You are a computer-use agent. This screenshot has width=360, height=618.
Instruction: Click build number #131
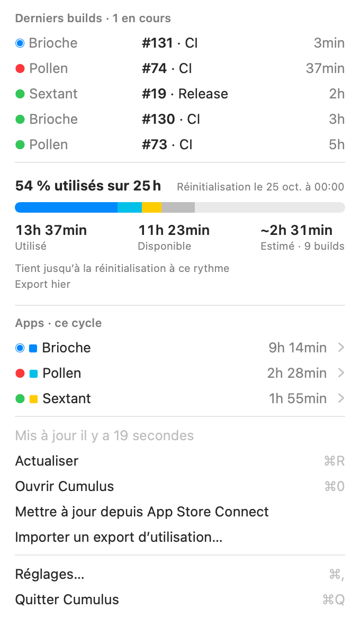click(x=157, y=43)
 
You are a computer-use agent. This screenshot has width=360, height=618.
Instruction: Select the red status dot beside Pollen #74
click(x=20, y=69)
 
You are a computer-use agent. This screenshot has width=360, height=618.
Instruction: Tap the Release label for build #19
click(x=203, y=94)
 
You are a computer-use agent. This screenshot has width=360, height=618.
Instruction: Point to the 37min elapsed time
click(x=325, y=69)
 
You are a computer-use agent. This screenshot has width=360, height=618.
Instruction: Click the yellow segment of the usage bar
click(x=151, y=207)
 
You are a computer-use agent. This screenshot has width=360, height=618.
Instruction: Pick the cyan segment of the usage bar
click(x=130, y=207)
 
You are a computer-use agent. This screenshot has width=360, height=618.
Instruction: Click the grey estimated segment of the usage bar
click(x=178, y=207)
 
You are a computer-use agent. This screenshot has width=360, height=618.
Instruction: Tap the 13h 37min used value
click(x=51, y=230)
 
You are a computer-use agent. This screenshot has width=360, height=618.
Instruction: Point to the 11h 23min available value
click(x=174, y=230)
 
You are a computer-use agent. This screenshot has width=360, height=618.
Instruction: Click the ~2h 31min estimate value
click(x=296, y=230)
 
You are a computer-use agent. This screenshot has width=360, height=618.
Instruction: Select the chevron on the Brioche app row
click(x=341, y=348)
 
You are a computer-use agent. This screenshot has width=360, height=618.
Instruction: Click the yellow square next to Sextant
click(x=33, y=399)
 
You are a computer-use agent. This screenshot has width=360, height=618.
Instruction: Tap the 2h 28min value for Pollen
click(x=297, y=373)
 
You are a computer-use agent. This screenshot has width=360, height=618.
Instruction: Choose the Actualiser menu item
click(x=47, y=461)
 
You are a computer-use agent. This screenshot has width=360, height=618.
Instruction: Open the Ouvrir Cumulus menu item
click(x=64, y=486)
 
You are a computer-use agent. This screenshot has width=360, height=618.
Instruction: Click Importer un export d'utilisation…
click(x=119, y=537)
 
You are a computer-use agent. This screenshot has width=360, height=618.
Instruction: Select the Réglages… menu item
click(x=50, y=574)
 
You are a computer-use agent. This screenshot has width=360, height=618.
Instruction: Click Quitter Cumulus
click(x=67, y=600)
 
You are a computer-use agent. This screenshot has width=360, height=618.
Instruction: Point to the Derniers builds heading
click(x=58, y=19)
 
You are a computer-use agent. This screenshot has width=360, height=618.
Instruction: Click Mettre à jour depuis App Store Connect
click(x=142, y=512)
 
